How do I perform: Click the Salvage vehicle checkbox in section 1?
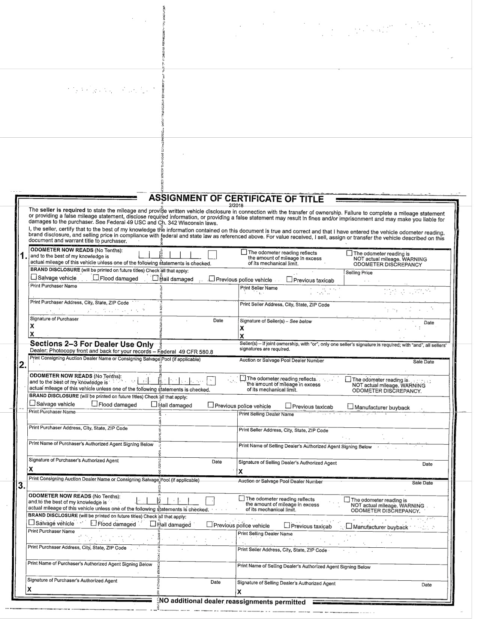(x=34, y=278)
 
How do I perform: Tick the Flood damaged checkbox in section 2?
(x=94, y=404)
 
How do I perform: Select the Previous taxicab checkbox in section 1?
(x=289, y=279)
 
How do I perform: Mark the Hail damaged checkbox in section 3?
(x=153, y=524)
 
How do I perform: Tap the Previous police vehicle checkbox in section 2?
(x=211, y=405)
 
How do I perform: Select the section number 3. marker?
(x=22, y=486)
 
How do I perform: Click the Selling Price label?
(x=359, y=273)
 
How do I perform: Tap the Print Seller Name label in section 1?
(x=259, y=288)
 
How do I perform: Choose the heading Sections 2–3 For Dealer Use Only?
(x=91, y=344)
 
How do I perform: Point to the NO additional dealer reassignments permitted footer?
(x=232, y=602)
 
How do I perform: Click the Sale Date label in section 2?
(x=423, y=362)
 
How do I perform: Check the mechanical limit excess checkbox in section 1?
(x=244, y=252)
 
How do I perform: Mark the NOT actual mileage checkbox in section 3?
(x=347, y=499)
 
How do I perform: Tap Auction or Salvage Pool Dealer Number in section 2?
(x=282, y=361)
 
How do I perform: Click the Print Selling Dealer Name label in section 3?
(x=265, y=533)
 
